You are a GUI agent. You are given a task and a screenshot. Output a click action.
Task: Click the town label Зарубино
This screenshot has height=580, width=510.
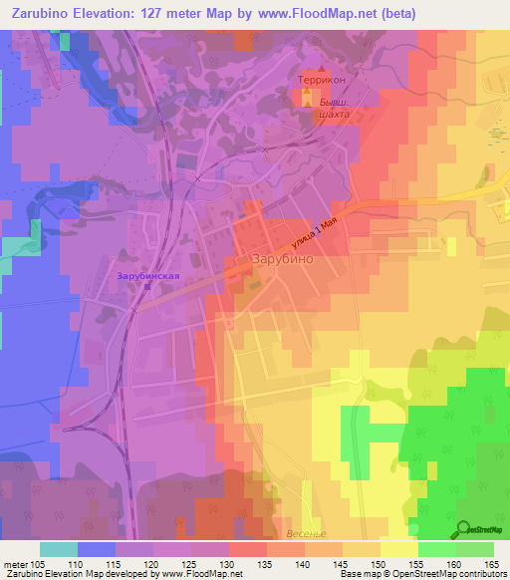[282, 257]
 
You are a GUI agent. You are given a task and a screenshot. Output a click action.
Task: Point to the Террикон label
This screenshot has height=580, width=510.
[320, 77]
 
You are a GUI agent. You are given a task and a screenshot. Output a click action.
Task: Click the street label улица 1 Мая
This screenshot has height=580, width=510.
[320, 236]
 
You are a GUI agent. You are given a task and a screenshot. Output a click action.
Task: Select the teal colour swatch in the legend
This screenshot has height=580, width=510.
[59, 549]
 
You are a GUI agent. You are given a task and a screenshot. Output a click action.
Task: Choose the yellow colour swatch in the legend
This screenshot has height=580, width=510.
[399, 549]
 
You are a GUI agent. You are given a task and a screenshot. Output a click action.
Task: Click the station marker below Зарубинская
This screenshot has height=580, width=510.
[146, 286]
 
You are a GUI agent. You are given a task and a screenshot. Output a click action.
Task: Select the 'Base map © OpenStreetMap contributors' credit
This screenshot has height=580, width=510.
[423, 575]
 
